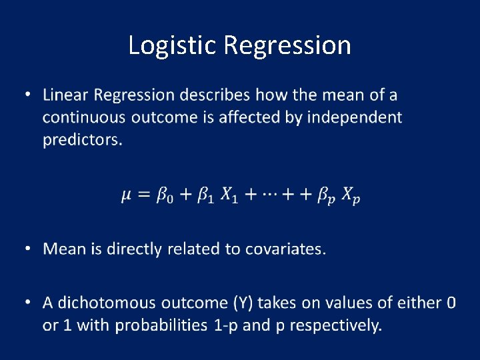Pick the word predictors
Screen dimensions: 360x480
click(82, 140)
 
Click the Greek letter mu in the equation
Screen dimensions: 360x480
click(127, 196)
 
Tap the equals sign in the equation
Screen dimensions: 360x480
click(143, 195)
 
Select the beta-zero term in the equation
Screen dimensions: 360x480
click(164, 196)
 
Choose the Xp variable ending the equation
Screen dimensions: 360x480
click(350, 196)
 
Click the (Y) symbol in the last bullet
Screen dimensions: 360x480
click(243, 303)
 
